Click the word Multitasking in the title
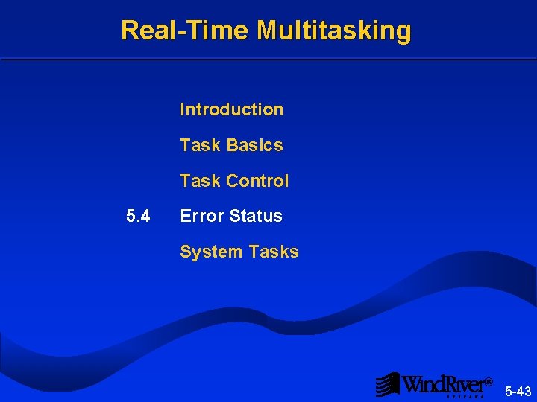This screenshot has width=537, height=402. click(x=334, y=31)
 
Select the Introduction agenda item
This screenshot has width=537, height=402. click(x=231, y=109)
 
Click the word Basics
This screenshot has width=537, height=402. click(x=254, y=145)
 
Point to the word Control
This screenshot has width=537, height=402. click(x=257, y=181)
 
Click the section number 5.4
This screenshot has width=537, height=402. click(x=138, y=217)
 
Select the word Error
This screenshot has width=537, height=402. click(x=202, y=217)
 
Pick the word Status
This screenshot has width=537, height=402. click(x=256, y=217)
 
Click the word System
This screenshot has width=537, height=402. click(x=210, y=252)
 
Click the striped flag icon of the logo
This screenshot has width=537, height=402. click(x=387, y=384)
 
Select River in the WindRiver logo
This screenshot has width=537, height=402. click(x=465, y=384)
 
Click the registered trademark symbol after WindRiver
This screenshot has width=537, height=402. click(x=489, y=381)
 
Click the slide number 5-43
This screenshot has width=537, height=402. click(x=518, y=391)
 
